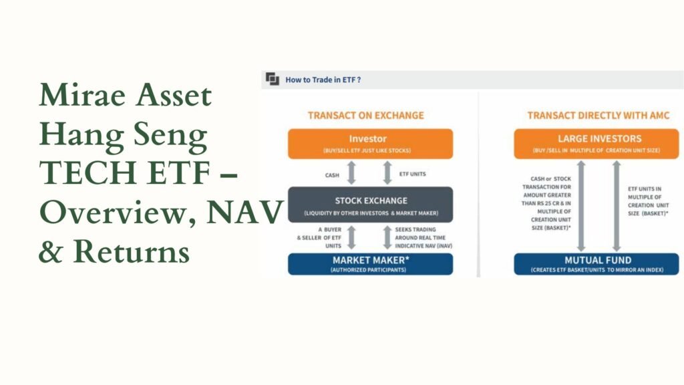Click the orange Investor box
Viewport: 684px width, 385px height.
pyautogui.click(x=370, y=144)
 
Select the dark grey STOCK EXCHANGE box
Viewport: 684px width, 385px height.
pyautogui.click(x=370, y=205)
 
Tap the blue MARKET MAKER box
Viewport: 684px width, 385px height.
pyautogui.click(x=370, y=264)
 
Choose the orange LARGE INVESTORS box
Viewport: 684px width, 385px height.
pyautogui.click(x=596, y=144)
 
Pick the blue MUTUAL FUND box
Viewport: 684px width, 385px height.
pyautogui.click(x=596, y=264)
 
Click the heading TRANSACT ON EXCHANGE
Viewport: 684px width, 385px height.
pyautogui.click(x=365, y=115)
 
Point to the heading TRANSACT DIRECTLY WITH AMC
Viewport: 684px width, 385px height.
pyautogui.click(x=598, y=115)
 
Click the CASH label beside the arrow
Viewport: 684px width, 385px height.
pyautogui.click(x=332, y=175)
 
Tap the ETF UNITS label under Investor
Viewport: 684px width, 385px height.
pyautogui.click(x=413, y=174)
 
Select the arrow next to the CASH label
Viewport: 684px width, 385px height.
pyautogui.click(x=351, y=172)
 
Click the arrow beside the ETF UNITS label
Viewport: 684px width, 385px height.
pyautogui.click(x=387, y=172)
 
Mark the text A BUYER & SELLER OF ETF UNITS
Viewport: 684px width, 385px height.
pyautogui.click(x=319, y=237)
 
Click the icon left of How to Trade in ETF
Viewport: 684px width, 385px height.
pyautogui.click(x=273, y=79)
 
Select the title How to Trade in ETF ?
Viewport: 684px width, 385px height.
pyautogui.click(x=323, y=80)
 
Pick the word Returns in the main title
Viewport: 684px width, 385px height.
pyautogui.click(x=132, y=251)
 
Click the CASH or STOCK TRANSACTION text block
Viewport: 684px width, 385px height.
pyautogui.click(x=546, y=203)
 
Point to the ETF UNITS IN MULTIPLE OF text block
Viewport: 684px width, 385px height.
pyautogui.click(x=648, y=201)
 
